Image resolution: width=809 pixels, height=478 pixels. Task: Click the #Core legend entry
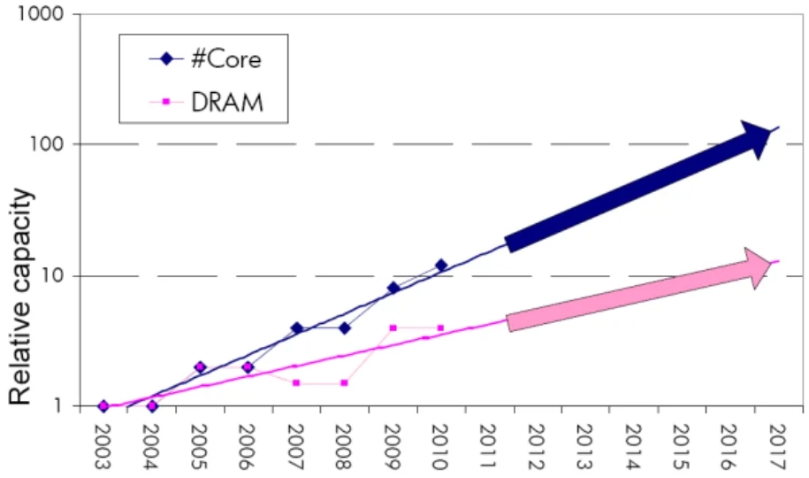click(x=225, y=60)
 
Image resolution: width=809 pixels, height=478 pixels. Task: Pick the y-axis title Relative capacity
click(x=26, y=297)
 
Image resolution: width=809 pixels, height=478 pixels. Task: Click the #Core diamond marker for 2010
click(x=441, y=266)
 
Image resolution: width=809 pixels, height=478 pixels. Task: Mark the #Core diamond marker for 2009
click(x=393, y=288)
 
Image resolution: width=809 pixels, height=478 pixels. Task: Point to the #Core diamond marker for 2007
click(x=296, y=328)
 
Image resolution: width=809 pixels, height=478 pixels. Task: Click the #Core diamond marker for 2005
click(x=200, y=366)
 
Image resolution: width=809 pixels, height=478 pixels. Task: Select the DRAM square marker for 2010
click(x=441, y=328)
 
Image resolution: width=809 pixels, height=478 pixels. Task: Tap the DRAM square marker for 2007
click(x=296, y=382)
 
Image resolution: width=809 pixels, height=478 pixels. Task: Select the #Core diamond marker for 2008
click(x=344, y=328)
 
